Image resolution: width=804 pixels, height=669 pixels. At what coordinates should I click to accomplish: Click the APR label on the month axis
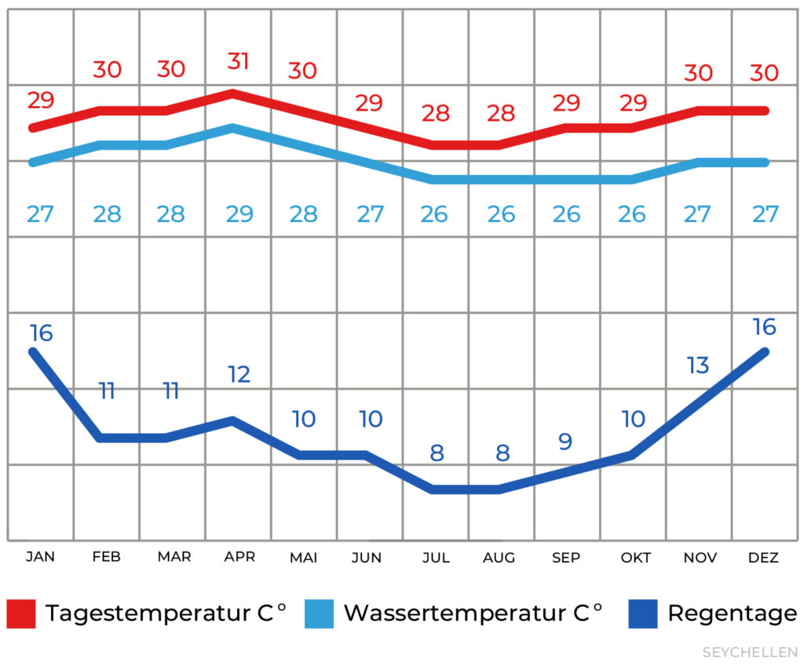tap(239, 557)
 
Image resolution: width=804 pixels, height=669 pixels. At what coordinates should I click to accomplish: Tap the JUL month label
tap(435, 558)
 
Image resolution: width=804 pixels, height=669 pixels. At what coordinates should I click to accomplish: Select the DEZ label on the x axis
tap(762, 558)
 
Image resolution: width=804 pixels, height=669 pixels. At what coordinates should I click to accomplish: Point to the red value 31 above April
tap(238, 61)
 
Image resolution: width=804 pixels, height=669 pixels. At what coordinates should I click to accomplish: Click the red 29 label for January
tap(40, 100)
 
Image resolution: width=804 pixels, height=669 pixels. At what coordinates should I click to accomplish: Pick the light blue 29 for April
tap(239, 214)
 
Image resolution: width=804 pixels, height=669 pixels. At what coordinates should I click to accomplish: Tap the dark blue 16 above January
tap(41, 333)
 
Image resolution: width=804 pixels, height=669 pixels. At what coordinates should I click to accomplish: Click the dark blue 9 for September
tap(565, 442)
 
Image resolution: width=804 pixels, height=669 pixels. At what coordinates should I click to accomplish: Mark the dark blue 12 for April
tap(239, 374)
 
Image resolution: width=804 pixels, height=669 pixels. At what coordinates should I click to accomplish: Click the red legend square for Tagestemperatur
tap(21, 613)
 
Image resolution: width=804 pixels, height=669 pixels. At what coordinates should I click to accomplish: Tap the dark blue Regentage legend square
tap(643, 613)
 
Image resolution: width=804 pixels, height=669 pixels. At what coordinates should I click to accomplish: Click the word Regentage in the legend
tap(732, 613)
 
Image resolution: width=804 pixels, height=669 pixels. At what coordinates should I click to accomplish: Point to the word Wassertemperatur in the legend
tap(460, 613)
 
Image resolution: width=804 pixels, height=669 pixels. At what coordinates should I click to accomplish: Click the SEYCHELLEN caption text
tap(749, 653)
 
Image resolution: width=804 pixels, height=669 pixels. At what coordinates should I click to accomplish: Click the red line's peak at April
tap(232, 93)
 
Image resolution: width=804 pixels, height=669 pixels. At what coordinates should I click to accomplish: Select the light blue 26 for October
tap(631, 214)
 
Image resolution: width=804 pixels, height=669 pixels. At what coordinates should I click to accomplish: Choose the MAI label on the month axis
tap(304, 558)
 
